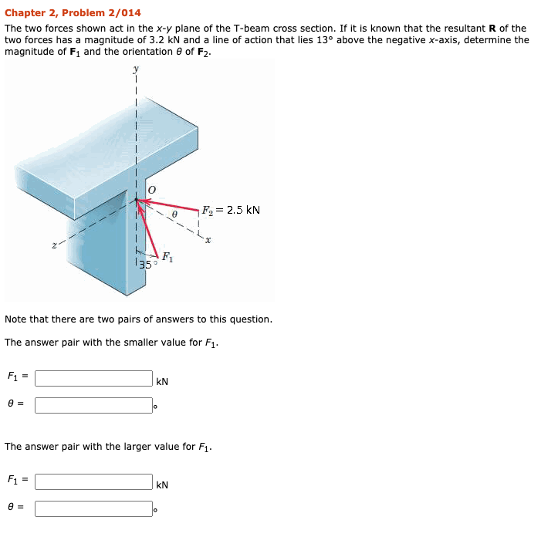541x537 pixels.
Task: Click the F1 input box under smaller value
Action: (x=93, y=378)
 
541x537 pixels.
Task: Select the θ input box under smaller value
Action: (x=93, y=405)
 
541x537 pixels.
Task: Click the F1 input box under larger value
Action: (x=93, y=481)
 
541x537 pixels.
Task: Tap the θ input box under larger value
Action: (x=93, y=508)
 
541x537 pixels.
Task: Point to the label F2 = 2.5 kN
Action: (x=231, y=210)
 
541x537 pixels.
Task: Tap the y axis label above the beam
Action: (x=137, y=69)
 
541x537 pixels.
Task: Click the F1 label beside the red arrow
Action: (x=167, y=258)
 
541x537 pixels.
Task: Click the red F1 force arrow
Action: (x=147, y=227)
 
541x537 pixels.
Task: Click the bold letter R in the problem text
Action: (x=492, y=28)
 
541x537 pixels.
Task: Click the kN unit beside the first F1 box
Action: (x=162, y=381)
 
